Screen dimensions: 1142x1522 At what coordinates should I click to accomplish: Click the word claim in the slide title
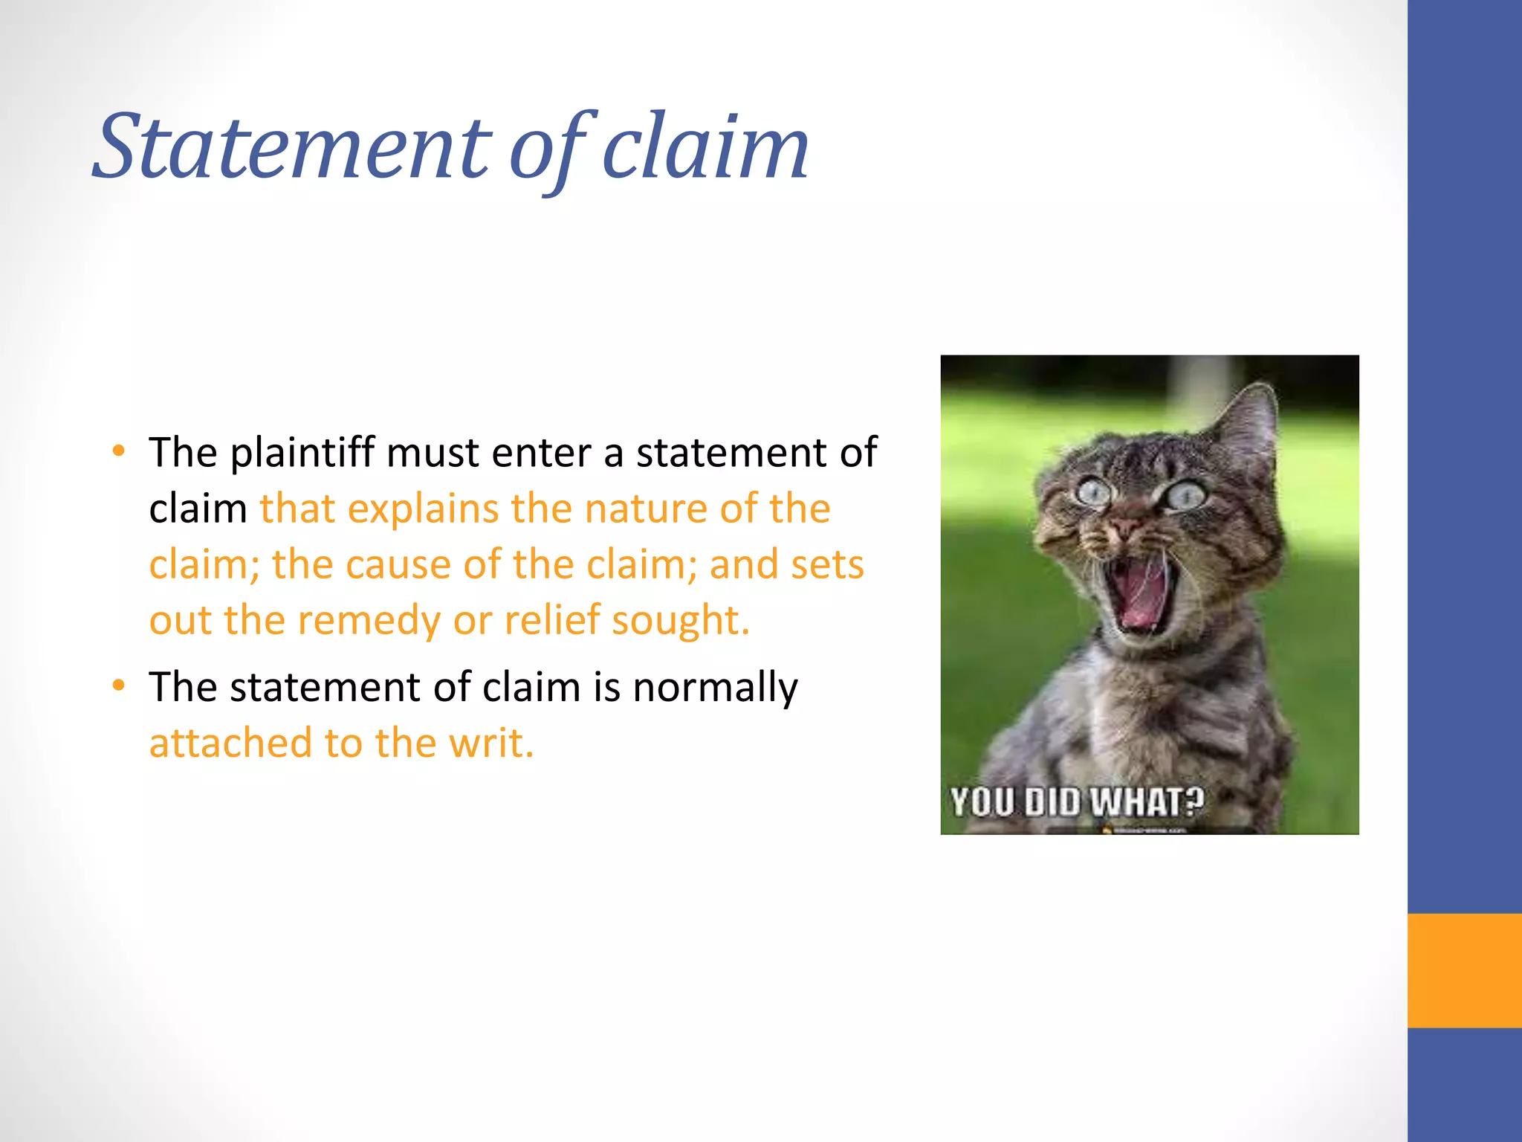pyautogui.click(x=705, y=147)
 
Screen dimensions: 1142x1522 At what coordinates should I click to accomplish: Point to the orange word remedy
pyautogui.click(x=369, y=622)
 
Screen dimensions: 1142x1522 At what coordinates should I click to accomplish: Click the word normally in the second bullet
pyautogui.click(x=715, y=688)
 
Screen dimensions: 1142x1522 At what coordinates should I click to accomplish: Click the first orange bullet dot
pyautogui.click(x=119, y=451)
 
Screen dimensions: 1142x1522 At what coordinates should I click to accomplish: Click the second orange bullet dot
pyautogui.click(x=119, y=685)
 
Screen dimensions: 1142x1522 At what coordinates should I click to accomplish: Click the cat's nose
pyautogui.click(x=1127, y=527)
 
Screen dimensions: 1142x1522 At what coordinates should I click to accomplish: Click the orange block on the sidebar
pyautogui.click(x=1464, y=970)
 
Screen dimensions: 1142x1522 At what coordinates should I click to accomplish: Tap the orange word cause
pyautogui.click(x=398, y=565)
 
